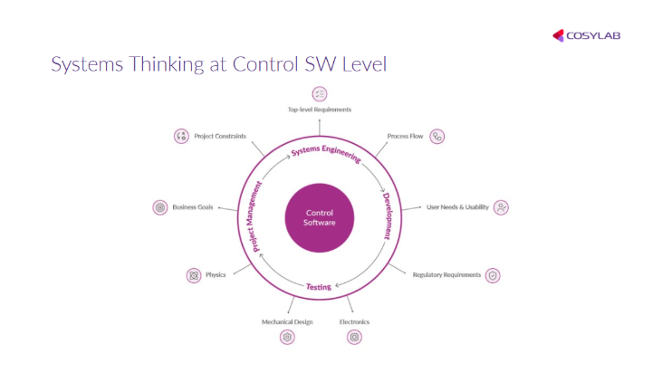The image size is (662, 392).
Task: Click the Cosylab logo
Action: click(586, 36)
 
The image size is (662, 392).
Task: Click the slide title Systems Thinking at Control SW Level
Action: click(219, 65)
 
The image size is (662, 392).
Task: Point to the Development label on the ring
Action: click(387, 215)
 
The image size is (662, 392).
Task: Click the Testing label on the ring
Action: click(318, 287)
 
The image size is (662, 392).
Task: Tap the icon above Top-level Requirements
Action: click(319, 93)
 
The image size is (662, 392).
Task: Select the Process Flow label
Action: click(405, 136)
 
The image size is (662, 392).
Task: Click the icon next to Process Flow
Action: click(437, 137)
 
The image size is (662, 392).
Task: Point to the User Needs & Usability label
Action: click(457, 207)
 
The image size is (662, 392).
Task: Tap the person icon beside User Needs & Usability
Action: click(502, 207)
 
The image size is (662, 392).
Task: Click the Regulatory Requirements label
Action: click(446, 274)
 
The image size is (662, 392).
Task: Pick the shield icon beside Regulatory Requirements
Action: click(493, 274)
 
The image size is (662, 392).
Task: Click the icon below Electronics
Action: click(354, 337)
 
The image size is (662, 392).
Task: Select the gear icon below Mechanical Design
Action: click(287, 337)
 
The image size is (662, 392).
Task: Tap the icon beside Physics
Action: click(193, 274)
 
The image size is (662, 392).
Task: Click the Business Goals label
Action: click(192, 207)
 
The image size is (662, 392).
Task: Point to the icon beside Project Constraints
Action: click(181, 136)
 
